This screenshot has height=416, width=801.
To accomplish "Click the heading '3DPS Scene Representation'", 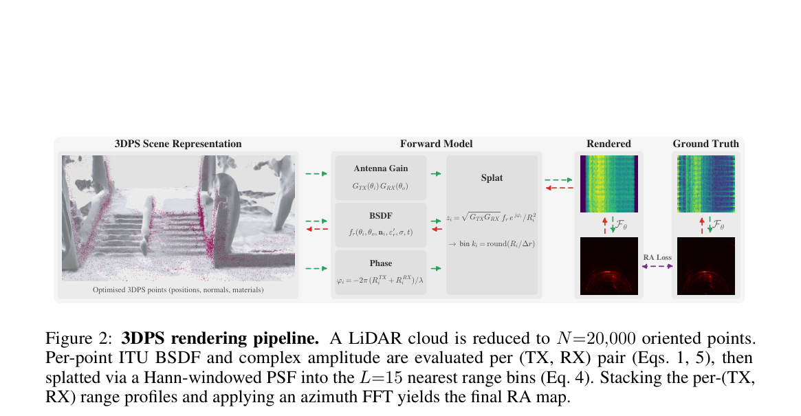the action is pyautogui.click(x=178, y=144).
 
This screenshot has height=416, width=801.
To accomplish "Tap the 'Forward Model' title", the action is pyautogui.click(x=436, y=144).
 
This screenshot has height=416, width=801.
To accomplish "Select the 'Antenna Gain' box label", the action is pyautogui.click(x=381, y=168).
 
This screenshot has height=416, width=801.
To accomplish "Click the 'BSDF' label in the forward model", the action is pyautogui.click(x=381, y=216).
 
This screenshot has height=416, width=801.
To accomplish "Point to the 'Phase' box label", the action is pyautogui.click(x=381, y=263).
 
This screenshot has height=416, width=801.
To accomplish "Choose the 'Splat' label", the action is pyautogui.click(x=492, y=178).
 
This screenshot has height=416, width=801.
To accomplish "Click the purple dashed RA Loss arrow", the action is pyautogui.click(x=657, y=266).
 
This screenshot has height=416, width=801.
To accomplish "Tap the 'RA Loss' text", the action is pyautogui.click(x=657, y=258).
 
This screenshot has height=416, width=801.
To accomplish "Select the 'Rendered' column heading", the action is pyautogui.click(x=608, y=144).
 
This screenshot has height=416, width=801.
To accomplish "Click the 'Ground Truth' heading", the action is pyautogui.click(x=705, y=144).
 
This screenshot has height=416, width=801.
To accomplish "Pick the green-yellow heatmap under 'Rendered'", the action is pyautogui.click(x=609, y=184).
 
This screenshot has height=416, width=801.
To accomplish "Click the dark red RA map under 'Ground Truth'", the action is pyautogui.click(x=706, y=266).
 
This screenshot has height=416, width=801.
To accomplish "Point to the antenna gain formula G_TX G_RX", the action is pyautogui.click(x=381, y=186).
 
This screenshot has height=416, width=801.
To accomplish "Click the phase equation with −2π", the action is pyautogui.click(x=381, y=280).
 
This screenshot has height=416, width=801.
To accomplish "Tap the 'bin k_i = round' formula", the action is pyautogui.click(x=492, y=244).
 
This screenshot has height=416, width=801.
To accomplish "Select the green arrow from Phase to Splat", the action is pyautogui.click(x=436, y=268).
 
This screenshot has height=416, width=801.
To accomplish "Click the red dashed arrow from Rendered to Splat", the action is pyautogui.click(x=560, y=188).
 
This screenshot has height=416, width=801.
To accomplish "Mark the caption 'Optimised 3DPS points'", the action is pyautogui.click(x=178, y=289).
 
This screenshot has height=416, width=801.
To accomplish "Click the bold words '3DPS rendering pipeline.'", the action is pyautogui.click(x=220, y=338).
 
